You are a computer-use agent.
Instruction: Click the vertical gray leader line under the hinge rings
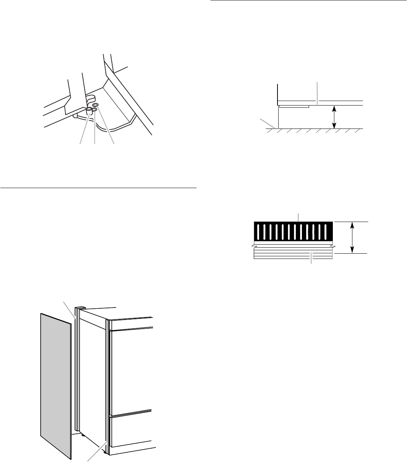pyautogui.click(x=94, y=128)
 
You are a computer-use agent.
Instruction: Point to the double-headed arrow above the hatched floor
pyautogui.click(x=334, y=117)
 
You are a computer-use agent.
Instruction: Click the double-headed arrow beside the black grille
pyautogui.click(x=352, y=237)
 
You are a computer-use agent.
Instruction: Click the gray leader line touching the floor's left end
pyautogui.click(x=268, y=123)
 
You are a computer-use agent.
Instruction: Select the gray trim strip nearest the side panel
pyautogui.click(x=78, y=369)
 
